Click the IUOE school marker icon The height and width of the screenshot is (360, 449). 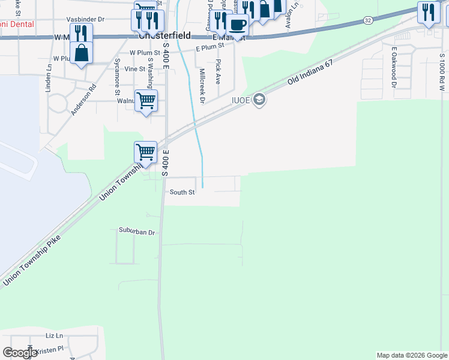(259, 100)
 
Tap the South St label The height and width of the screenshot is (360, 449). (182, 193)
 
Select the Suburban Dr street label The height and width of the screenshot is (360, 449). (137, 232)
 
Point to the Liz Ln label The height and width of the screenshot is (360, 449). (54, 335)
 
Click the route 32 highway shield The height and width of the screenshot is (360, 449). (367, 20)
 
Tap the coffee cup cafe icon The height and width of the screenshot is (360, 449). (237, 25)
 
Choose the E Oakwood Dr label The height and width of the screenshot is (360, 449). (394, 68)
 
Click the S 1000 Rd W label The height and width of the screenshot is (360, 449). (441, 71)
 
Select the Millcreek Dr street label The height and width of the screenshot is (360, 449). (202, 86)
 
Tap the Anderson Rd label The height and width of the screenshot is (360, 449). (83, 99)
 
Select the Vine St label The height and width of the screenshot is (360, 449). (130, 69)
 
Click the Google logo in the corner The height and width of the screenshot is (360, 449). (20, 353)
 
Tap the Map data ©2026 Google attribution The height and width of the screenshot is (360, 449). (412, 355)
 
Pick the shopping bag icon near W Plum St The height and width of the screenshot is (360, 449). (82, 53)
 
